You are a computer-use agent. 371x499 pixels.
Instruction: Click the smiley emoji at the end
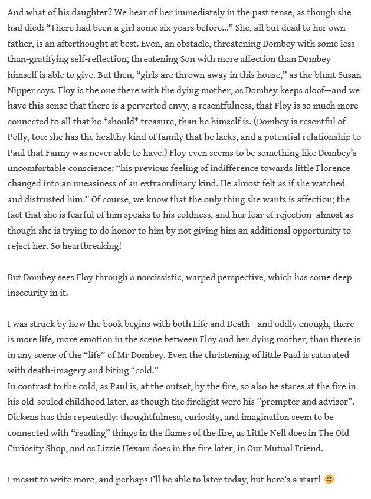click(x=329, y=479)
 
